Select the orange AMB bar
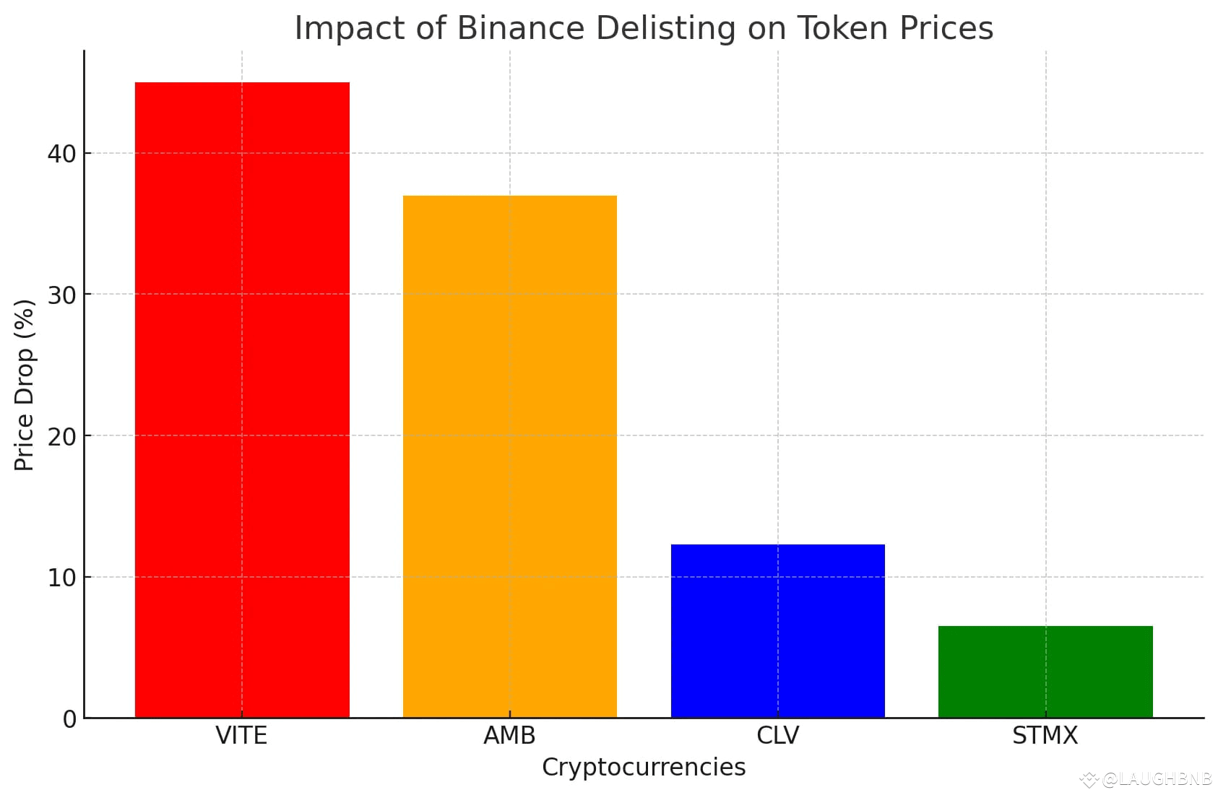pos(509,456)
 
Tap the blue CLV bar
pos(777,630)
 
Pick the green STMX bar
pos(1045,672)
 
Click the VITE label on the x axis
pos(241,736)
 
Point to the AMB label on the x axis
pos(509,736)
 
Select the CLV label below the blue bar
pos(777,736)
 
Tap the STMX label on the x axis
pos(1045,736)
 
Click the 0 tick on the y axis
pos(69,719)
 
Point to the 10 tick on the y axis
pos(62,578)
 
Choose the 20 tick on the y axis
pos(62,436)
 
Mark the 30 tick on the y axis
pos(62,295)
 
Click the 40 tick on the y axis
pos(62,154)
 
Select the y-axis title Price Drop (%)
pos(25,385)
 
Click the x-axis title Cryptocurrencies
pos(644,767)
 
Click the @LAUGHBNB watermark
pos(1154,779)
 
